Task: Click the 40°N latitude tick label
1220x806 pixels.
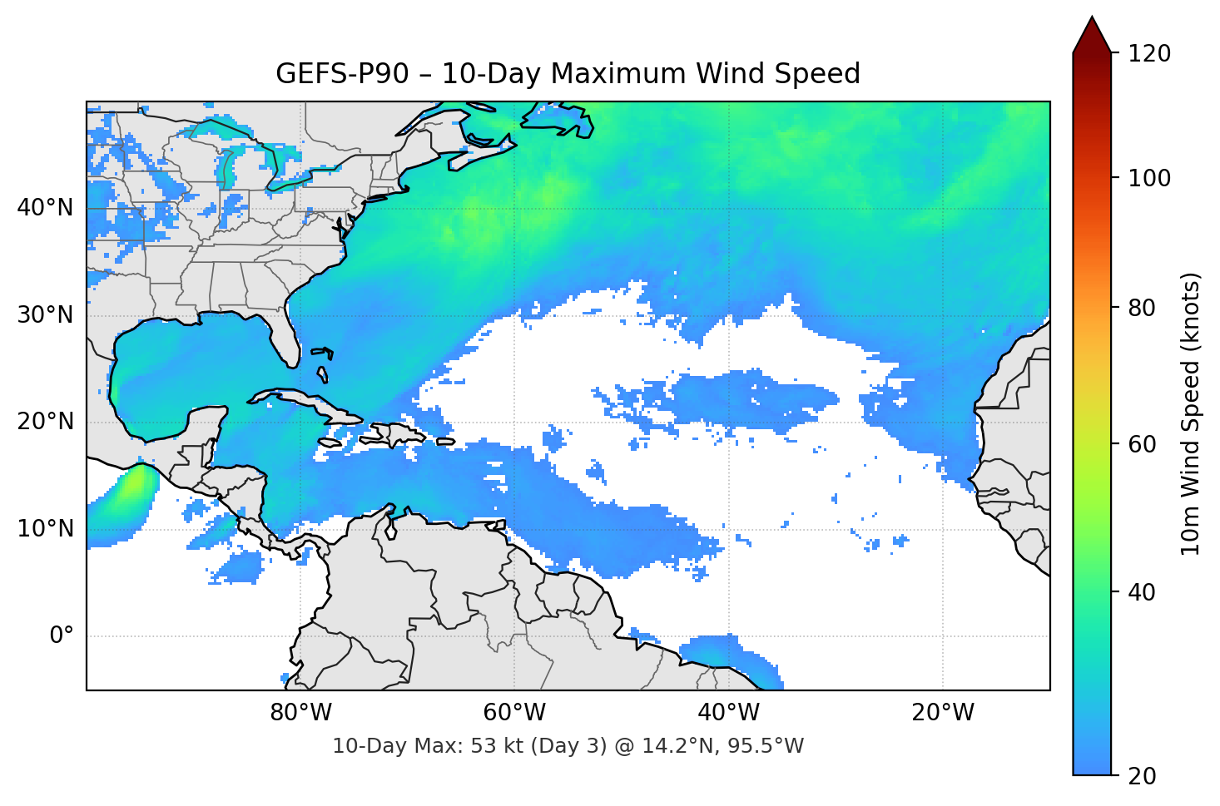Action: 45,208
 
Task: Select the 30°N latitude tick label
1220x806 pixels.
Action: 45,315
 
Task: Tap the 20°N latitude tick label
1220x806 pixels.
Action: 45,422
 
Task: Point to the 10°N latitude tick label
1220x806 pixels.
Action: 45,529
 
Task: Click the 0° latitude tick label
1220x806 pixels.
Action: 62,636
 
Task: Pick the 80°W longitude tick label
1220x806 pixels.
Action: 300,713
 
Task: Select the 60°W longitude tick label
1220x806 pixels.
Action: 514,713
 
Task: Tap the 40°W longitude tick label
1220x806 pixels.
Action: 729,713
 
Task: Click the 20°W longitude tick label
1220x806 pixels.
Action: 943,713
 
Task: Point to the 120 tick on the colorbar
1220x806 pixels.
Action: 1149,53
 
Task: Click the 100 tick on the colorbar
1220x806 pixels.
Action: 1149,178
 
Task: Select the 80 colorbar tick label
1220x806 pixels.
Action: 1142,308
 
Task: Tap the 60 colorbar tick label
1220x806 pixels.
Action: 1142,444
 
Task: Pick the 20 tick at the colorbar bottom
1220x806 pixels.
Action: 1142,776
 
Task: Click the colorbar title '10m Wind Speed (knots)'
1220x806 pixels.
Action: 1191,413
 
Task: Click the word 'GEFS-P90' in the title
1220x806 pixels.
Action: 342,74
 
